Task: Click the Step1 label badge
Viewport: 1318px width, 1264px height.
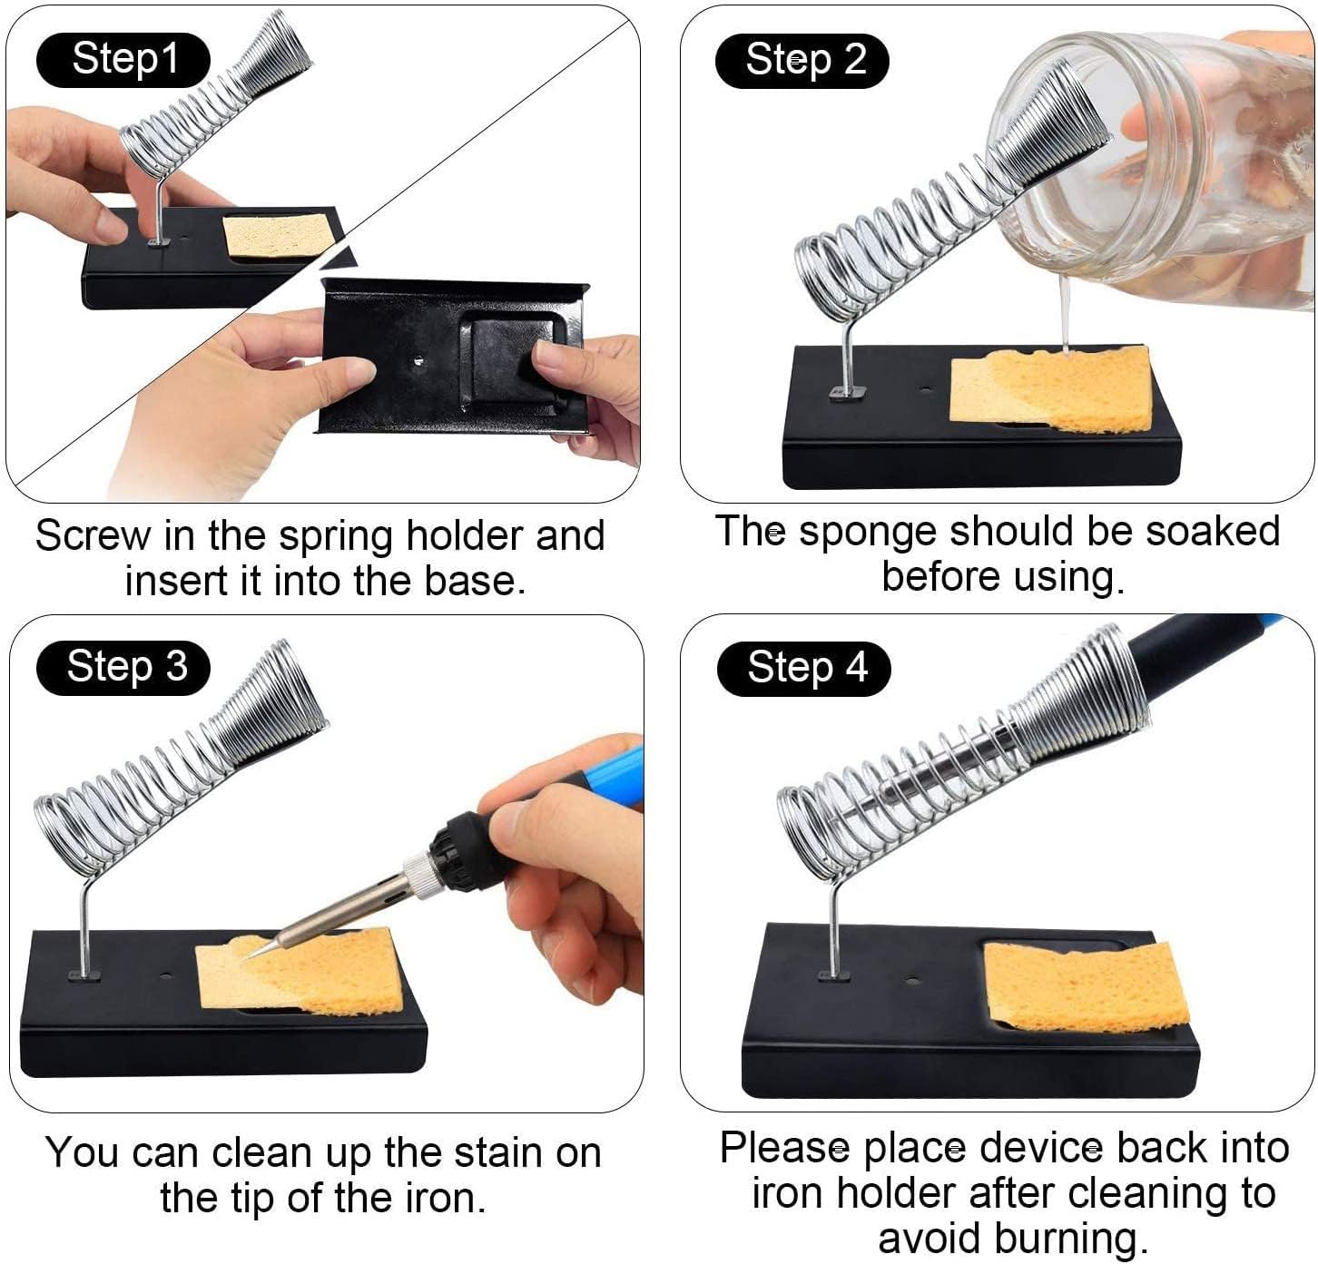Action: tap(123, 60)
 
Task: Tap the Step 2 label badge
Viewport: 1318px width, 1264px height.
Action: tap(803, 61)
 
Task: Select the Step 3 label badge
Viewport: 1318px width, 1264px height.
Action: tap(124, 667)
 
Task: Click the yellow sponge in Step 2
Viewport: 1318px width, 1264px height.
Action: tap(1053, 390)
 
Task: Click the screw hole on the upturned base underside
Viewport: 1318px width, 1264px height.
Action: tap(418, 360)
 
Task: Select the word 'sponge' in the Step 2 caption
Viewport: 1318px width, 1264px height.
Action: tap(866, 532)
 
